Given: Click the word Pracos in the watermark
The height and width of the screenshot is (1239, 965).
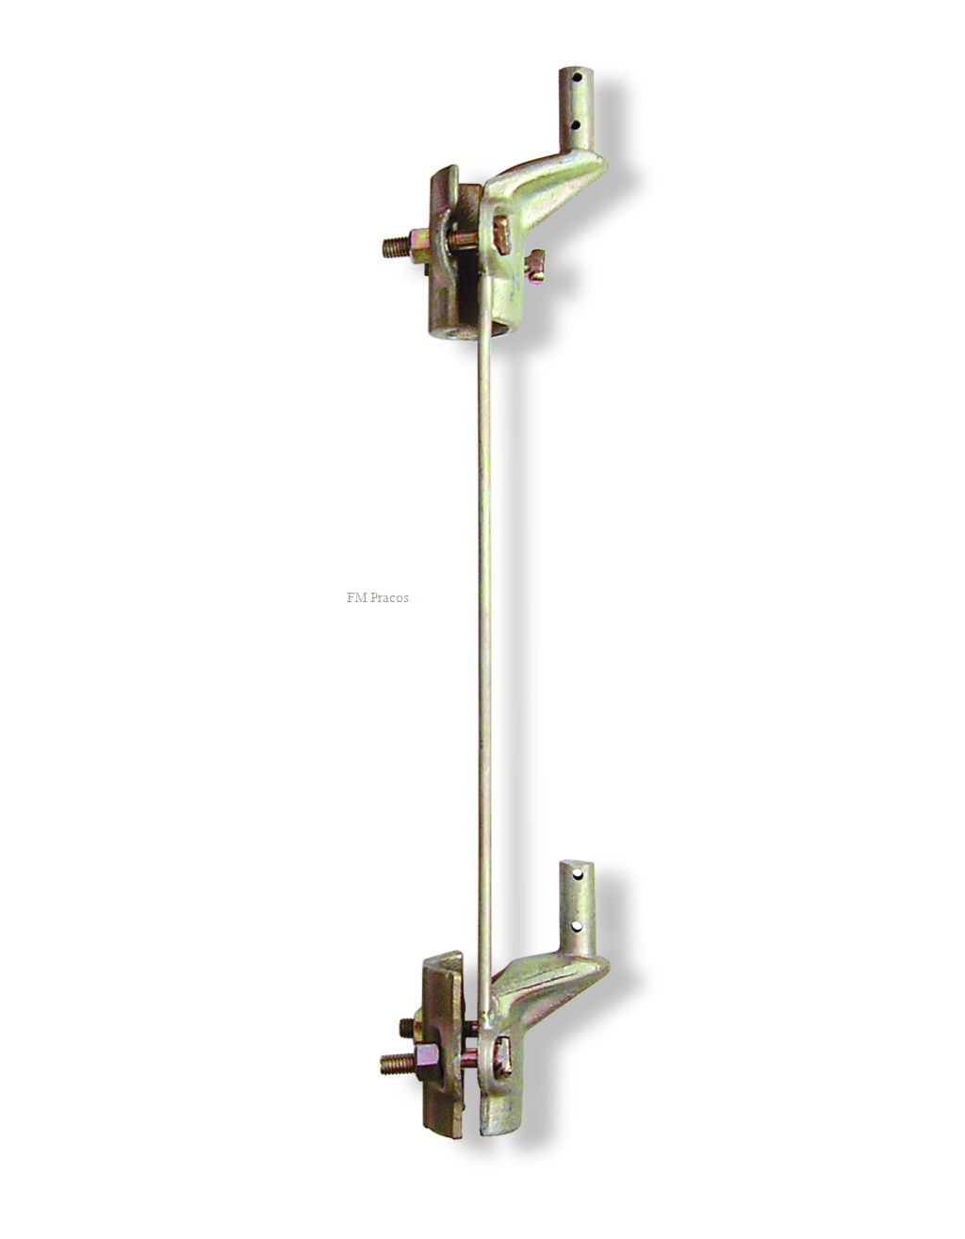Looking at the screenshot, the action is click(x=389, y=598).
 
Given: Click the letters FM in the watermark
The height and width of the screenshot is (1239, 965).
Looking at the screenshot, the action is click(x=356, y=598).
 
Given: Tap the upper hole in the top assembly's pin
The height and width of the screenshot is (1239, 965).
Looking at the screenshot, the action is click(x=577, y=75).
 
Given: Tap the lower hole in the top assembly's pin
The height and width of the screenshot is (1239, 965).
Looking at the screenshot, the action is click(x=576, y=124).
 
